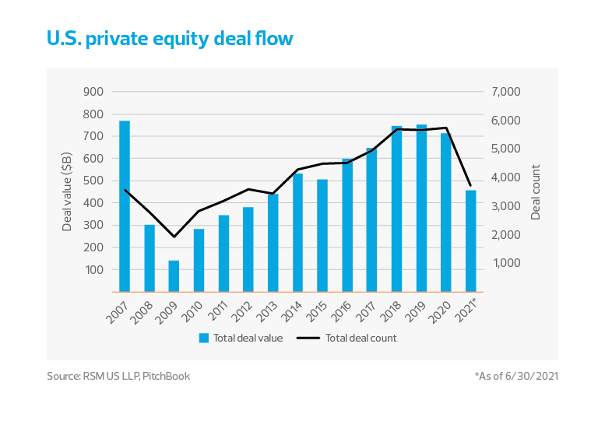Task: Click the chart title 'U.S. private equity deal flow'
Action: pos(170,38)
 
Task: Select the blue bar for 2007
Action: pos(125,206)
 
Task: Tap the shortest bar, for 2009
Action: pos(174,275)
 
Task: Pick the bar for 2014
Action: pos(297,233)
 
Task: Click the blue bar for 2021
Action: pos(470,240)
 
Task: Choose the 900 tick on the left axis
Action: pos(93,92)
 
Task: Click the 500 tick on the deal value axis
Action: pos(93,181)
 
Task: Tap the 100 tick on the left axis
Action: pos(93,270)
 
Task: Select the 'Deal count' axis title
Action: pos(536,191)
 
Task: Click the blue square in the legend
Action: pos(204,338)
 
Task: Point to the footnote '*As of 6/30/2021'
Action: pos(517,376)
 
